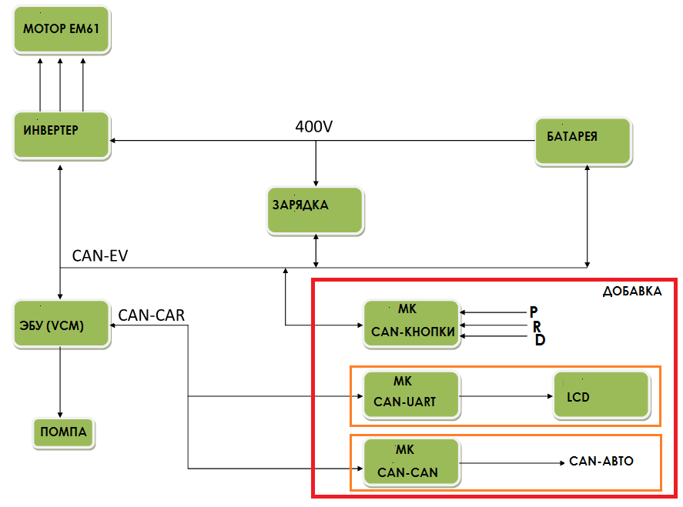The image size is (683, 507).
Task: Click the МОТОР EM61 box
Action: [62, 32]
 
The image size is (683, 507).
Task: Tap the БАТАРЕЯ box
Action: [583, 142]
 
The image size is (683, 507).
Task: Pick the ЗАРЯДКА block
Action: [315, 210]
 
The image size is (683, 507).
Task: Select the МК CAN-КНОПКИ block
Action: [410, 325]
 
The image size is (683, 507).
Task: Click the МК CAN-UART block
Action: [410, 395]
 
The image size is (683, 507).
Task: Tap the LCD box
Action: [601, 395]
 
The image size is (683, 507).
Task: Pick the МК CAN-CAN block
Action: [410, 462]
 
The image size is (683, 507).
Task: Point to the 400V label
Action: [314, 126]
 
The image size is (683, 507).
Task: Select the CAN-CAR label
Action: [151, 314]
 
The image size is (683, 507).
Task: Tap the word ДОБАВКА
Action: [631, 292]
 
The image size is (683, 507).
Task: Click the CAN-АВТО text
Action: [601, 462]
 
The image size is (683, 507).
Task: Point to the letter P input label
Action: [533, 312]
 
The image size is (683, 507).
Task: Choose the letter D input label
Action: [539, 340]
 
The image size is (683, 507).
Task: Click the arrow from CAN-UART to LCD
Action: [504, 397]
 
